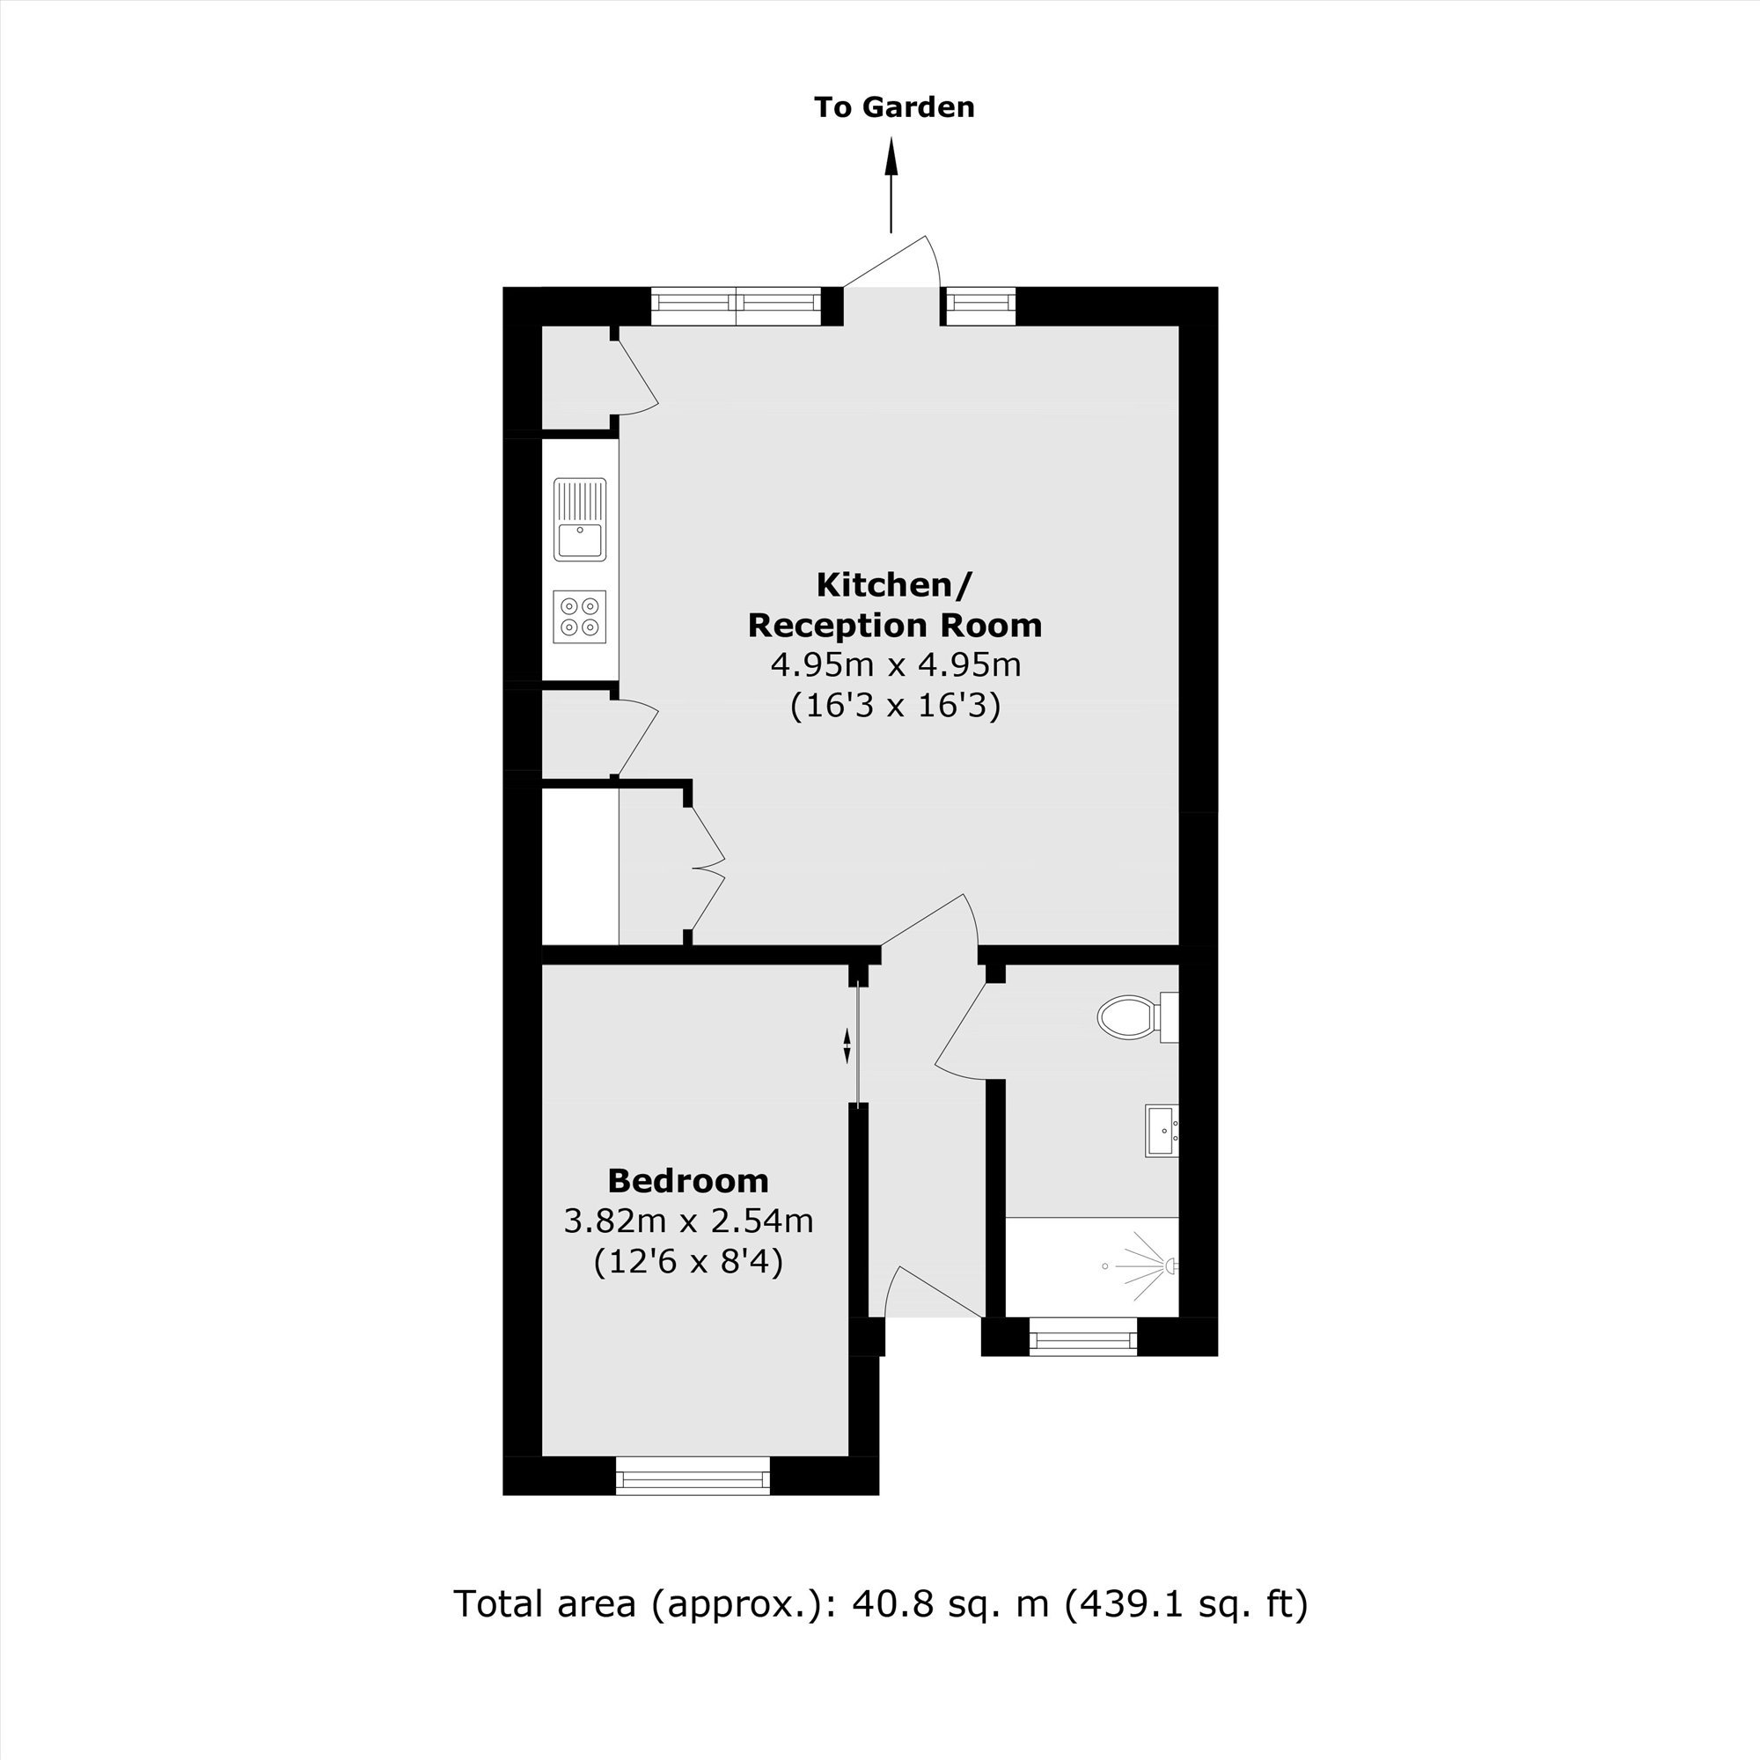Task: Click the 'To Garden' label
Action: pyautogui.click(x=895, y=107)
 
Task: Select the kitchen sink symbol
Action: pyautogui.click(x=580, y=519)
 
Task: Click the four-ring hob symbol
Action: pyautogui.click(x=580, y=617)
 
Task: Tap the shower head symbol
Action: pyautogui.click(x=1171, y=1266)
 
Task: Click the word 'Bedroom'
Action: pyautogui.click(x=688, y=1182)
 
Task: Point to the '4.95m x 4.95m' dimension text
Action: pyautogui.click(x=896, y=665)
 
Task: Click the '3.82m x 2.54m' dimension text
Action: pyautogui.click(x=688, y=1221)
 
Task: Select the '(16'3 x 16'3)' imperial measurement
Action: pyautogui.click(x=896, y=706)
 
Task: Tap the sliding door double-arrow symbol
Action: pyautogui.click(x=847, y=1045)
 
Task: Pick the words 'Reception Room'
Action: pyautogui.click(x=896, y=626)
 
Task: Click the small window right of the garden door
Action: pyautogui.click(x=980, y=306)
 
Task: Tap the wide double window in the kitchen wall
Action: pyautogui.click(x=737, y=306)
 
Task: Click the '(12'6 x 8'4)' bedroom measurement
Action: pyautogui.click(x=688, y=1263)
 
